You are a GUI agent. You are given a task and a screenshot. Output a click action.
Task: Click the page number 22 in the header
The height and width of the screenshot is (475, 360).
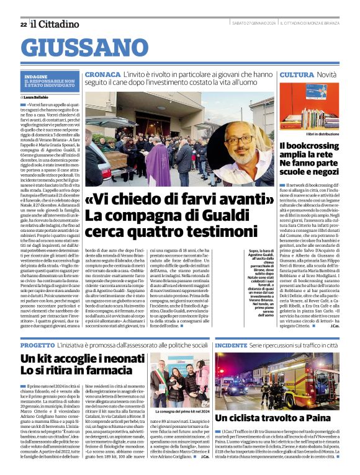tap(23, 24)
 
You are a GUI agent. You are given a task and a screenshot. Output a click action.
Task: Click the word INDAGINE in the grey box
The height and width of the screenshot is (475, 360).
tap(37, 76)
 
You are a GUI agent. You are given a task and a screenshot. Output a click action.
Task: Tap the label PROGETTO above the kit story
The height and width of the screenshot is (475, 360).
tap(37, 344)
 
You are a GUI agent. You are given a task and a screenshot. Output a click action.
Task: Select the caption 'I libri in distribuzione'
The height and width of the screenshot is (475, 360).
tap(323, 133)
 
